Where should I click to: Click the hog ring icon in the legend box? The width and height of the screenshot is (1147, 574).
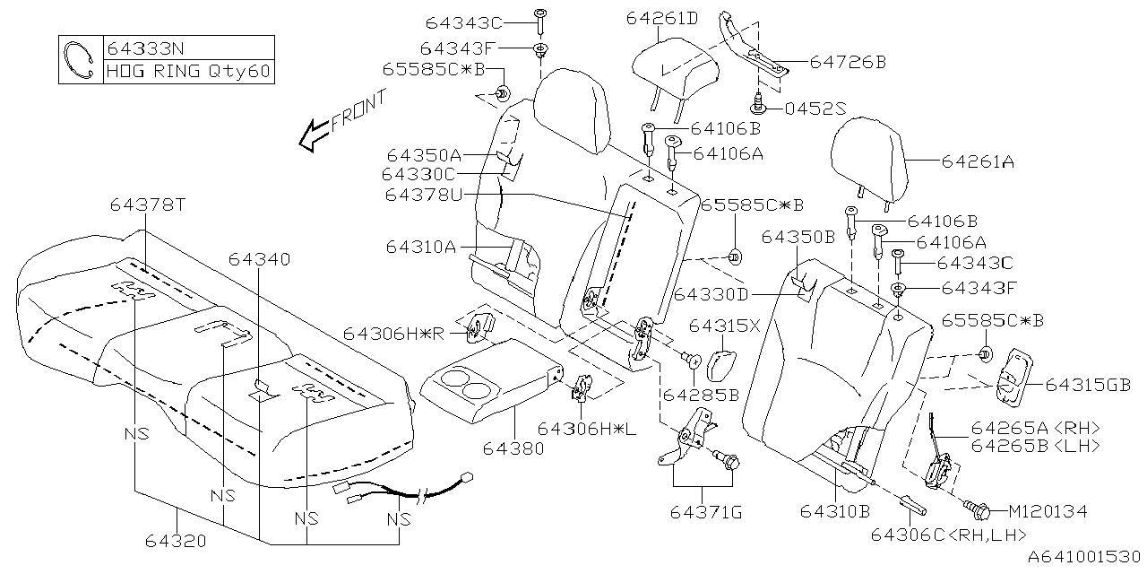tap(81, 60)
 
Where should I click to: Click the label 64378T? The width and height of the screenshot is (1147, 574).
tap(147, 204)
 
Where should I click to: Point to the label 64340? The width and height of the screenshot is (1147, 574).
tap(259, 259)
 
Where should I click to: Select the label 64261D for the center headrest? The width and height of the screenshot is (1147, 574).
tap(661, 18)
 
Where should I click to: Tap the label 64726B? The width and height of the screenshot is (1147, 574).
tap(847, 62)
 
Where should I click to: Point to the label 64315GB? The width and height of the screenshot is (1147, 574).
tap(1087, 385)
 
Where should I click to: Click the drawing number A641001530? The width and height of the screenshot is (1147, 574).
tap(1082, 558)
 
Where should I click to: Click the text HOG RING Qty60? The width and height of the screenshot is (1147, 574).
tap(189, 72)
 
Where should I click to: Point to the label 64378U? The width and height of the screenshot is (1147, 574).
tap(423, 195)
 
